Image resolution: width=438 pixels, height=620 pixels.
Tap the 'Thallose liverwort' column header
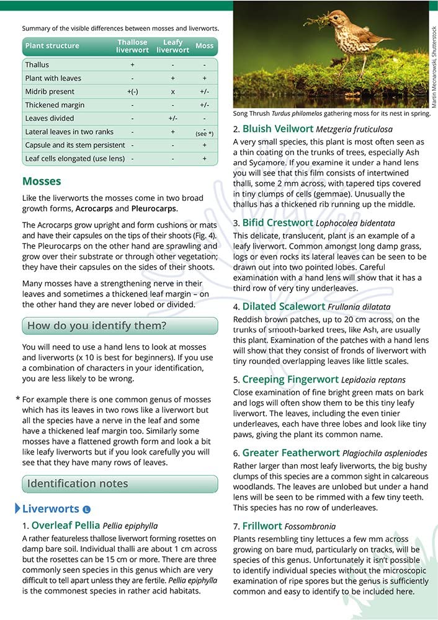(x=132, y=46)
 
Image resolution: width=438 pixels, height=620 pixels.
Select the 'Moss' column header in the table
(x=204, y=46)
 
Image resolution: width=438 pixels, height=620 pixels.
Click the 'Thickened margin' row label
(x=55, y=105)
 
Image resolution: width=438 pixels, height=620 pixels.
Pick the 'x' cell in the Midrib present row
(x=173, y=92)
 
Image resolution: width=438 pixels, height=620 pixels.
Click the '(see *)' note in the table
(x=204, y=134)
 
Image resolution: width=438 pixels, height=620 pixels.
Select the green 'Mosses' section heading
(x=42, y=182)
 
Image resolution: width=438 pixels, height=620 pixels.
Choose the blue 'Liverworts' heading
(x=51, y=509)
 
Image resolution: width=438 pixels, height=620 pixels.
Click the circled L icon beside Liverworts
(x=86, y=510)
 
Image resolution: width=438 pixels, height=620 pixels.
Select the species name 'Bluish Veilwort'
(x=277, y=129)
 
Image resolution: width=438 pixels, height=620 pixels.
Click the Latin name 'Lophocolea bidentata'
(x=355, y=223)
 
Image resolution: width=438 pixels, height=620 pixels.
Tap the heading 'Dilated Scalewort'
(x=284, y=307)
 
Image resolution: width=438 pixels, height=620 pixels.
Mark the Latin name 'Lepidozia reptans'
(x=373, y=379)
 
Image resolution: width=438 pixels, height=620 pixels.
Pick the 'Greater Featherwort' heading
(x=288, y=453)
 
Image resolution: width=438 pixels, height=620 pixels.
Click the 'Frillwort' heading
(x=262, y=526)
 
